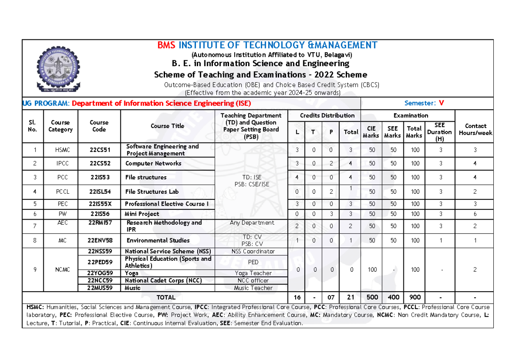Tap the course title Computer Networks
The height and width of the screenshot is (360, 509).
pos(153,163)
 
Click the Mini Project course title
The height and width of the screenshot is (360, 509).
pos(142,214)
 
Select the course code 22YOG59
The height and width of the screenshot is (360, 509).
pos(99,273)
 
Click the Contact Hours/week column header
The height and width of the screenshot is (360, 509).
pos(475,129)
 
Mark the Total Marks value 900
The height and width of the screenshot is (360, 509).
pos(414,297)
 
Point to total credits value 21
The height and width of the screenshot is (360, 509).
pos(351,297)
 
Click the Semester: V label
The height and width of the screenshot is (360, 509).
pos(424,103)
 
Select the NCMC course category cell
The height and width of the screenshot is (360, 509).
pos(60,270)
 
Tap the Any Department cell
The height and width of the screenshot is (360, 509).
pos(252,223)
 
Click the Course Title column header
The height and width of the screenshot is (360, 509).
pos(167,126)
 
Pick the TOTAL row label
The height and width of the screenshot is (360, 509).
pos(166,297)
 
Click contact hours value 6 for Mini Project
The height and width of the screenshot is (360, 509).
pos(475,214)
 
